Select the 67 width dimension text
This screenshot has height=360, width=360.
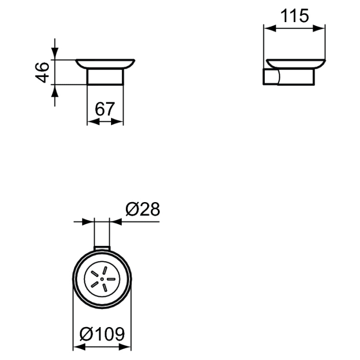[x=105, y=109]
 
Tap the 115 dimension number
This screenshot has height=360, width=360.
[x=295, y=16]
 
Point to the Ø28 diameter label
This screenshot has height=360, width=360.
[x=143, y=209]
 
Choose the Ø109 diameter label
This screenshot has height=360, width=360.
[x=103, y=335]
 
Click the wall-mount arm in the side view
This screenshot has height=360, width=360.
[x=271, y=78]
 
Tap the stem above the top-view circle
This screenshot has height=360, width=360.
[x=103, y=234]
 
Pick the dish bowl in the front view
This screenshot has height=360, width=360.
[x=105, y=64]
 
